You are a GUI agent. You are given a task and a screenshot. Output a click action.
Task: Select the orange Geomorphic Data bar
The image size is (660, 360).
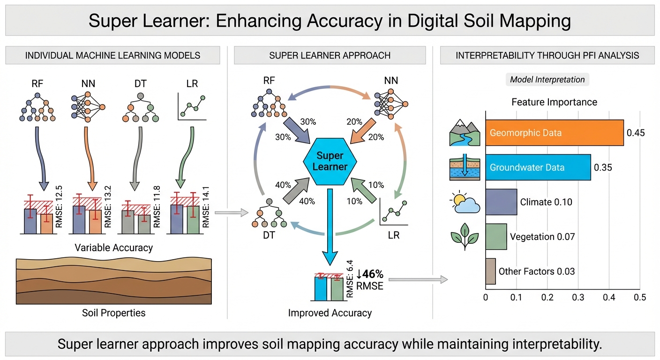tap(554, 133)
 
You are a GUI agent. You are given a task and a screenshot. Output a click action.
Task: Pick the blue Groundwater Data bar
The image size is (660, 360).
tap(538, 167)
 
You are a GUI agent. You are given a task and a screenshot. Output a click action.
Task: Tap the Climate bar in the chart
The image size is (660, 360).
tap(501, 202)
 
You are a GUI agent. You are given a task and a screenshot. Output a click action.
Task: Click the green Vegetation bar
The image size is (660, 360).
tap(496, 236)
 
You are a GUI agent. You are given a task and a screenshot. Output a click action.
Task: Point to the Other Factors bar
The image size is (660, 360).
tap(490, 271)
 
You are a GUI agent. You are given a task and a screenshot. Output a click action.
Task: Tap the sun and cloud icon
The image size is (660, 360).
tap(465, 202)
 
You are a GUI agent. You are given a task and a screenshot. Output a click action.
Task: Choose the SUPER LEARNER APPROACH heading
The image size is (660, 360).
tap(330, 55)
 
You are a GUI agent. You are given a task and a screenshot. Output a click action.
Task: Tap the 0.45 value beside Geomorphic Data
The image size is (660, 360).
tap(636, 133)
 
